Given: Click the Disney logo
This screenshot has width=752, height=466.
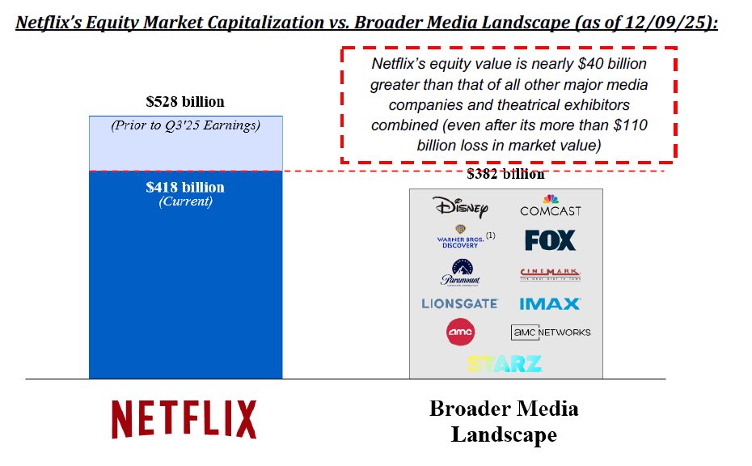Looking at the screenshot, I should coord(460,207).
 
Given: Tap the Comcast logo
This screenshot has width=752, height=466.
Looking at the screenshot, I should coord(550,205).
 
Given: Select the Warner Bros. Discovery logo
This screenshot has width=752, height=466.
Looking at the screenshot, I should coord(458,239).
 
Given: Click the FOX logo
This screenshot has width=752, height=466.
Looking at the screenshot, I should coord(550,240).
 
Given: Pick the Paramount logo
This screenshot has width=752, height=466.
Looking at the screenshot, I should coord(460,272).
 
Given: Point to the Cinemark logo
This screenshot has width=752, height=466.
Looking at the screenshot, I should coord(550,275).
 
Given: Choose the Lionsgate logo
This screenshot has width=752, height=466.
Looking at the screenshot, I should coord(459,304).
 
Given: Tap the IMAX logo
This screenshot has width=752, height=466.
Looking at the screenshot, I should coord(550,304).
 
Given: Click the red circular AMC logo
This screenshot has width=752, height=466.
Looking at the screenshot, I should coord(460,332).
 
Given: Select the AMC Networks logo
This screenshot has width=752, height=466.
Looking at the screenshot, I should coord(551,332).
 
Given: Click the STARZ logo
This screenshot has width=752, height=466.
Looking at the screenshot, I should coord(504,363).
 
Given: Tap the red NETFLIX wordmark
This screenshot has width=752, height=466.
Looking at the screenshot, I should coord(184,419).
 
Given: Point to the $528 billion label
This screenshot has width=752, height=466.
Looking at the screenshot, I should coord(185,102).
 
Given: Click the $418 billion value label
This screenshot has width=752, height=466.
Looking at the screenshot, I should coord(185,187).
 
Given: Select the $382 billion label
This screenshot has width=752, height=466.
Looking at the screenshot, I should coord(505,174).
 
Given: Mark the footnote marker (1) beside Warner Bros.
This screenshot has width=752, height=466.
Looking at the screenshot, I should coord(490,235).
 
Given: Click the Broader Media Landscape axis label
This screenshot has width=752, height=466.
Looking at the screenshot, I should coord(504,422).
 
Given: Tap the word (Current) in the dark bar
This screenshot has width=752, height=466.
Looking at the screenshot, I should coord(185,201).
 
